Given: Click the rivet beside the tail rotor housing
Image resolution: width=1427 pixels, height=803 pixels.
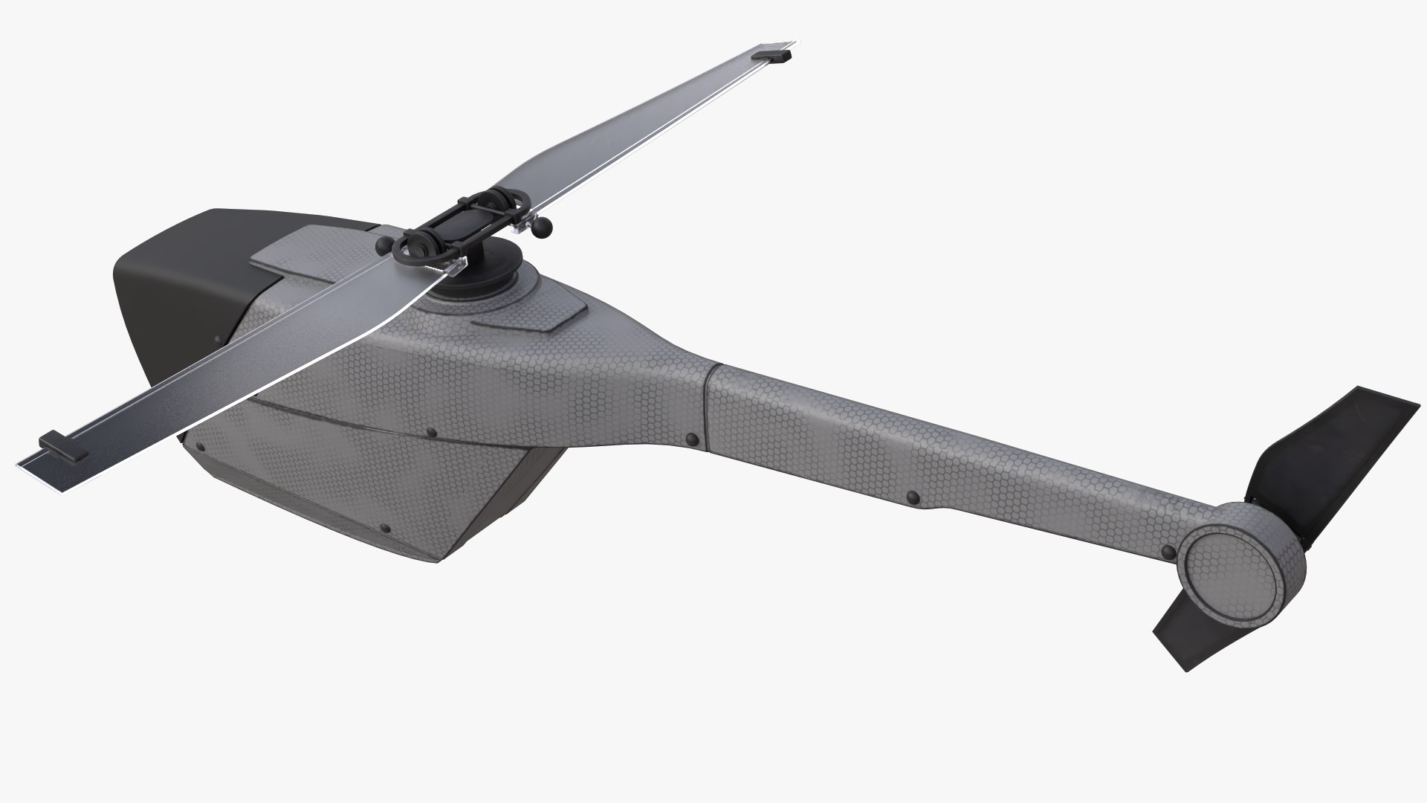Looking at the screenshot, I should [x=1168, y=552].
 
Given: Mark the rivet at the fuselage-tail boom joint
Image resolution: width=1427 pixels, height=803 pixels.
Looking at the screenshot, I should [x=692, y=440].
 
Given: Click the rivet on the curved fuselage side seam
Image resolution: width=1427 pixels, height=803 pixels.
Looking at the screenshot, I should [x=432, y=433].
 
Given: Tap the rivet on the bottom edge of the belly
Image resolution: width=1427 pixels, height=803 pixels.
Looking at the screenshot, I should [x=384, y=529].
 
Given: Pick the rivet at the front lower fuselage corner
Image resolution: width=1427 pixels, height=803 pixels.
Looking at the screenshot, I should [x=198, y=448].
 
